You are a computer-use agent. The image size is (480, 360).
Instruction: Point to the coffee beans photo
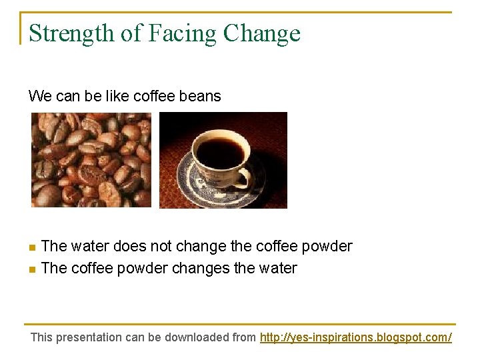91,159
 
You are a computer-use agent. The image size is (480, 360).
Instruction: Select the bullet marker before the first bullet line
33,247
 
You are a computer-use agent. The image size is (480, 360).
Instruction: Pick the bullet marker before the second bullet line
33,269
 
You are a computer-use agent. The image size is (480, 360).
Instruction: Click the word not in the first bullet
161,247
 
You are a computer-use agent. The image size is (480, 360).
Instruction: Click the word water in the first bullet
90,247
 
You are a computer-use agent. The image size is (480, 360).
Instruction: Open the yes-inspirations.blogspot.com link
355,337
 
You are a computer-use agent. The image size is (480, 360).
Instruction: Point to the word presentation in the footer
89,337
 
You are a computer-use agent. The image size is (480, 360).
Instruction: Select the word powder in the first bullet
327,247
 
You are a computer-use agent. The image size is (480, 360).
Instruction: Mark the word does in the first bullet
130,247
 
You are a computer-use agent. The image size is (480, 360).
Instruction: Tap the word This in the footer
41,337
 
